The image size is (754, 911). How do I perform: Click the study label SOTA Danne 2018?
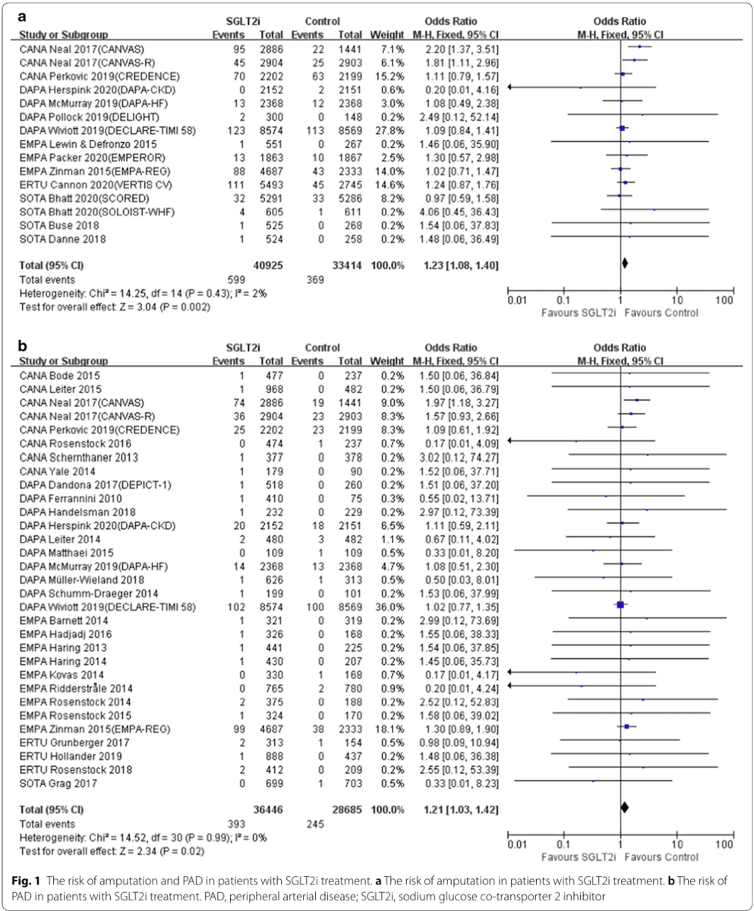coord(62,239)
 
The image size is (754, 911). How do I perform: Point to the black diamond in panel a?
coord(625,263)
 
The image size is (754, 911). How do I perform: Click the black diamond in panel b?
coord(624,808)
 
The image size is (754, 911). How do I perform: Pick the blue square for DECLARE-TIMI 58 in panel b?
coord(620,605)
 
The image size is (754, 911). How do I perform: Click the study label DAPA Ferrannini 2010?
coord(71,498)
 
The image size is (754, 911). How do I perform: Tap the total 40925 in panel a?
coord(268,265)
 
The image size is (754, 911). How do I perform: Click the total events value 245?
coord(315,824)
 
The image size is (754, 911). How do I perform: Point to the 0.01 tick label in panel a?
coord(517,300)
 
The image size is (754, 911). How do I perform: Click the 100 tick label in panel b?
coord(724,844)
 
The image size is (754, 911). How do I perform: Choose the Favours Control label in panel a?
coord(661,313)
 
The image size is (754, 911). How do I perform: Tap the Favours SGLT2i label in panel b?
coord(579,857)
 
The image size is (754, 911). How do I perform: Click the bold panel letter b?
coord(22,346)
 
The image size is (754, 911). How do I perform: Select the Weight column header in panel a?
coord(387,34)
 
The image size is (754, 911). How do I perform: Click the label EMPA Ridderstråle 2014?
coord(76,689)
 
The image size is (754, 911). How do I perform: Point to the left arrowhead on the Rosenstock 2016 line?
coord(510,442)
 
